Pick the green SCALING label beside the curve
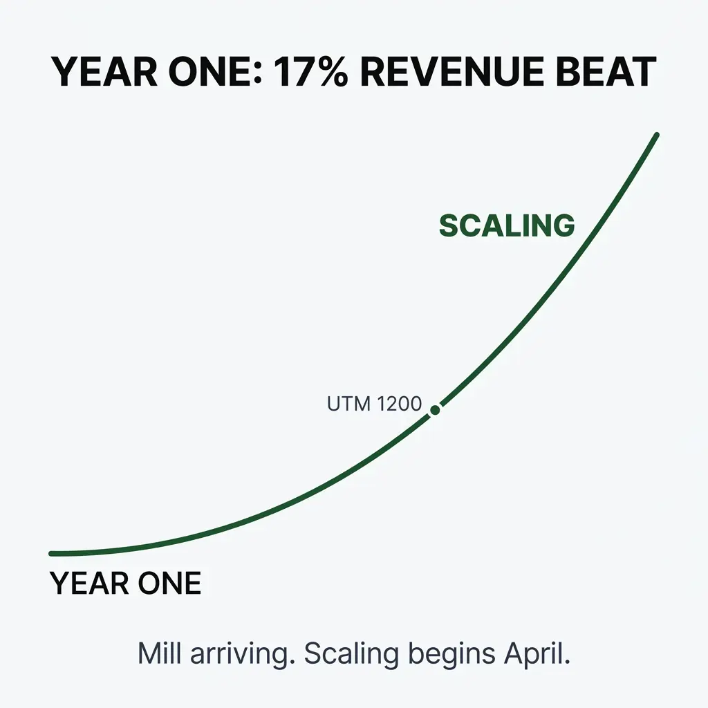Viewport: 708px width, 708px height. [x=507, y=226]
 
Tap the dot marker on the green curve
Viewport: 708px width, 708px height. [x=435, y=410]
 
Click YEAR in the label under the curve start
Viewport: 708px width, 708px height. [x=81, y=584]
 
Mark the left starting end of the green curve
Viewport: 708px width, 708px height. [x=52, y=553]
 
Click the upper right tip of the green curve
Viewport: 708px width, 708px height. [x=656, y=136]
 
